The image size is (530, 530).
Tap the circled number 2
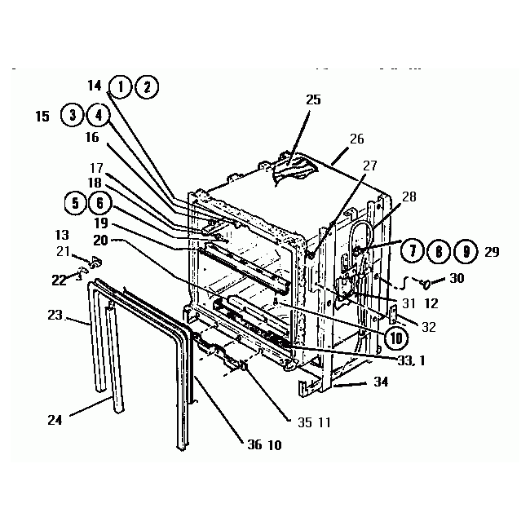(147, 86)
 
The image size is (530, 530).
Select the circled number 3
(73, 115)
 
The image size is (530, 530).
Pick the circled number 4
(98, 115)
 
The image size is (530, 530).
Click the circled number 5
(75, 202)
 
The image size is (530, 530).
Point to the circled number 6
(99, 202)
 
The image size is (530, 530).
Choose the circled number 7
(413, 250)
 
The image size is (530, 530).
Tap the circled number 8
(439, 250)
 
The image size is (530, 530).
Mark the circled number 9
(464, 250)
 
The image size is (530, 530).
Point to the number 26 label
(356, 139)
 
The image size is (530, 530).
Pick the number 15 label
(42, 117)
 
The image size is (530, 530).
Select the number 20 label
(100, 240)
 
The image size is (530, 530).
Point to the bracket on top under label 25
(289, 168)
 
